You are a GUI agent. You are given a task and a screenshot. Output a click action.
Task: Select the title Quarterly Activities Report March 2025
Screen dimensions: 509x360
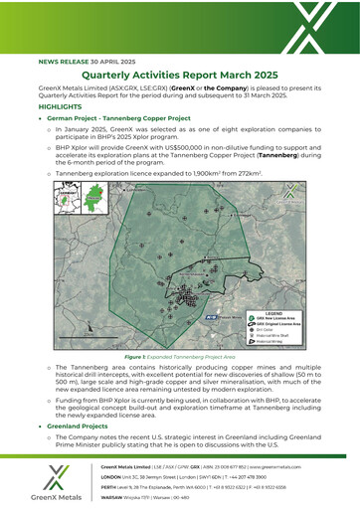tap(179, 76)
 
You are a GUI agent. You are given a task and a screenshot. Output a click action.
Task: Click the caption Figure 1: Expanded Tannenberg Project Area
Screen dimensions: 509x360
tap(179, 354)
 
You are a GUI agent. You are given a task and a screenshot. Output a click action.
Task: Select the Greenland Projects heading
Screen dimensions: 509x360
tap(84, 424)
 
